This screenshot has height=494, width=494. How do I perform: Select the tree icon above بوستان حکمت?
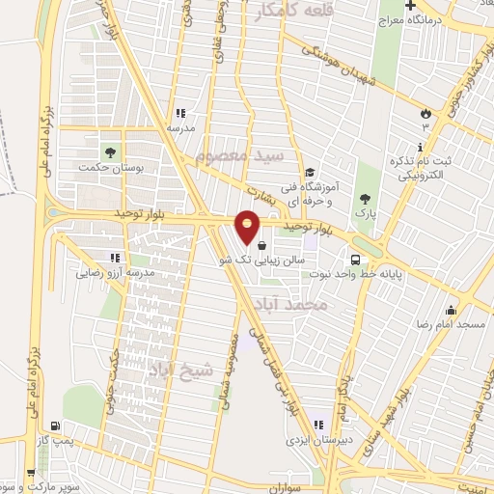click(x=108, y=151)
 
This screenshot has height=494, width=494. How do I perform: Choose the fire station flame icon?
click(x=424, y=114)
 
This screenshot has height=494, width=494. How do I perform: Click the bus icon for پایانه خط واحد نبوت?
click(x=356, y=260)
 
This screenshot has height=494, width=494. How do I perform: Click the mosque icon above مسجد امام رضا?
click(x=451, y=311)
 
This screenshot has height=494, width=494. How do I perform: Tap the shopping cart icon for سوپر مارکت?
click(x=33, y=474)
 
